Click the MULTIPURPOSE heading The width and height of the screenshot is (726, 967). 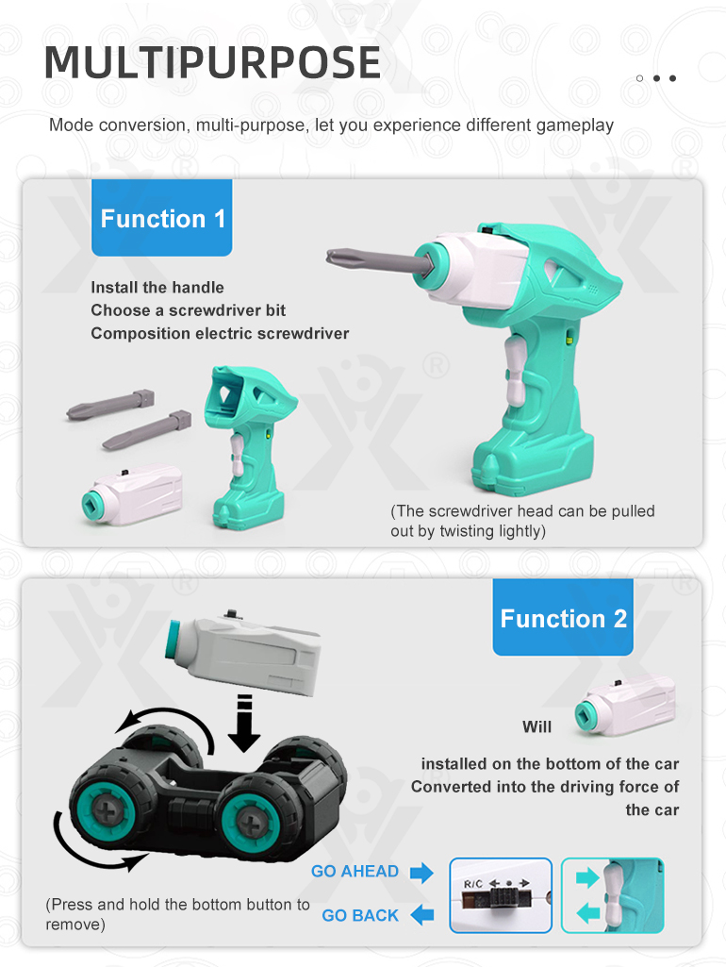coord(213,62)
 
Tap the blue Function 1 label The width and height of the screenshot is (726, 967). coord(162,218)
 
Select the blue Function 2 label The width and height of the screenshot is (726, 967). coord(563,617)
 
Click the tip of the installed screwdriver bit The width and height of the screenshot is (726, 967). coord(328,255)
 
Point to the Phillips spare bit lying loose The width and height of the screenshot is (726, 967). coord(110,404)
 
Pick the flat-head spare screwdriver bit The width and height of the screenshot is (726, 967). coord(147,430)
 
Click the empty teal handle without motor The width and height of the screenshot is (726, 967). coord(249,448)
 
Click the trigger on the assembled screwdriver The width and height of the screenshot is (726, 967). coord(515,370)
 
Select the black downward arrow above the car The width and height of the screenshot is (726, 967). coord(244,724)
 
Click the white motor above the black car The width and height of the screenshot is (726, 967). coord(242,653)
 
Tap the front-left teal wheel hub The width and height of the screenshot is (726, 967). coord(107,809)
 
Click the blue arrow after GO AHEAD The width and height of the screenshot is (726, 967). coord(421,873)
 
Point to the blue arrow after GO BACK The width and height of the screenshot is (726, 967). coord(422,914)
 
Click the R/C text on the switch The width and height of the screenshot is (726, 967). coord(472,884)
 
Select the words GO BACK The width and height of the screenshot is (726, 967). coord(360,916)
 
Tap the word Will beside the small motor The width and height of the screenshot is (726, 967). coord(536,727)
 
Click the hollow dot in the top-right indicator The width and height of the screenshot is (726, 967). coord(639,78)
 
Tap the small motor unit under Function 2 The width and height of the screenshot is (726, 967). coord(625,708)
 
